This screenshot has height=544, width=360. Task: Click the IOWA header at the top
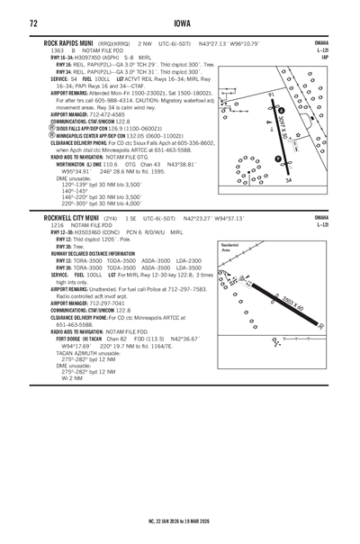(x=180, y=22)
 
